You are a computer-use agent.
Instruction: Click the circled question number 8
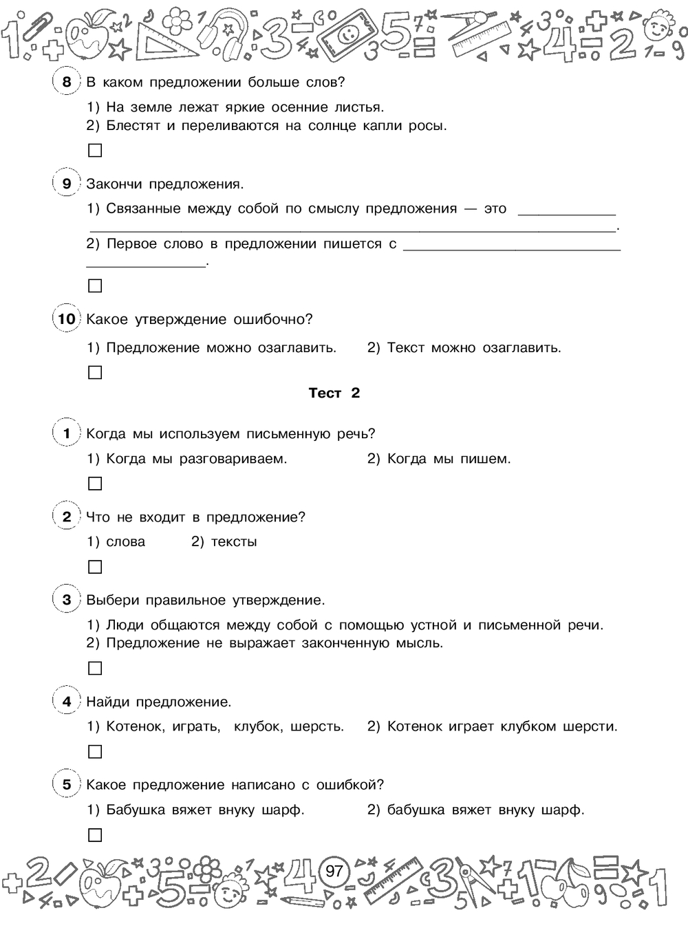[66, 83]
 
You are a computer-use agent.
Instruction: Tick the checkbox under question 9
[95, 285]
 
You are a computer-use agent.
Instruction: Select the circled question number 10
[66, 319]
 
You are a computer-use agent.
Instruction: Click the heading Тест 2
[334, 393]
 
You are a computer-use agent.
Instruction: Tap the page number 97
[334, 872]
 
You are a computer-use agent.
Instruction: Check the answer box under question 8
[95, 151]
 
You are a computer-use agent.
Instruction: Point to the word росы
[429, 126]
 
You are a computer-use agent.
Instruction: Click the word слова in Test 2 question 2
[126, 542]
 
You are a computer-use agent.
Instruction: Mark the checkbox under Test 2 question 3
[95, 668]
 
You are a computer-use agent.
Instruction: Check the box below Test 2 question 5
[95, 835]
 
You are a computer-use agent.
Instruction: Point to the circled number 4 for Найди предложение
[66, 702]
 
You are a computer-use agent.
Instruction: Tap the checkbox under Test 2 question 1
[95, 484]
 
